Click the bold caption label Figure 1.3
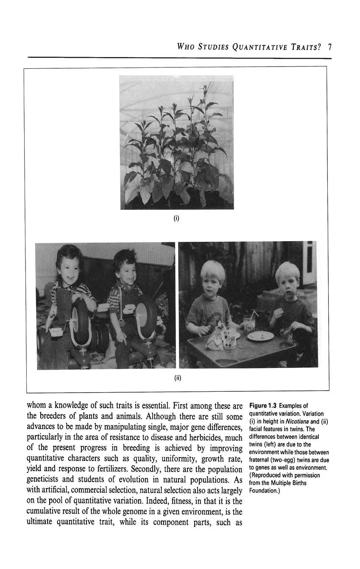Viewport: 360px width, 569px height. [x=263, y=406]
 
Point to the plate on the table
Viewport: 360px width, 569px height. [x=260, y=336]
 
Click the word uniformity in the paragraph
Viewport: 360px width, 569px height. [x=167, y=458]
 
